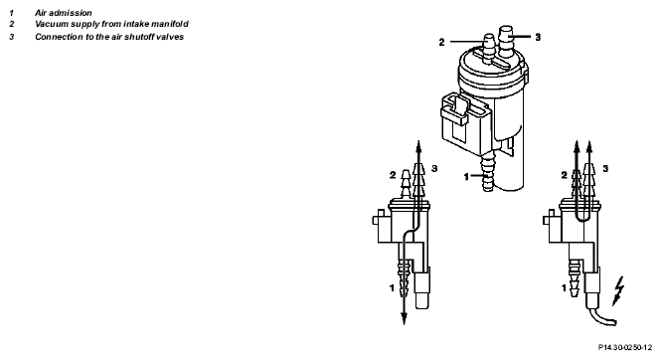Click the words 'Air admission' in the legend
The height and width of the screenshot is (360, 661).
pos(64,13)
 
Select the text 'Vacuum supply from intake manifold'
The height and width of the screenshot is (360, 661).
pos(111,24)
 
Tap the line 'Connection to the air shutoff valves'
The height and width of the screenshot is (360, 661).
pos(109,37)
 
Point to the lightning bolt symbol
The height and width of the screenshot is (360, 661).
pos(618,290)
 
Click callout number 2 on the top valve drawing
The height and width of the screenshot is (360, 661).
pos(441,42)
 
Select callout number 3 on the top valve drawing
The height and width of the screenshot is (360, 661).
pos(538,37)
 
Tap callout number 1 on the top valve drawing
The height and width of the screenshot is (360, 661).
pos(466,177)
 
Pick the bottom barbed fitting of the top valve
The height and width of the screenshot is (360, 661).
pos(488,174)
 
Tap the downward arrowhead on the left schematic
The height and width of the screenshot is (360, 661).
pos(404,318)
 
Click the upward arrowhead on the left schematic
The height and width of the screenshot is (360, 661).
pos(418,146)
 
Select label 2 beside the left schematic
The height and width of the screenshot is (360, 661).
pos(393,175)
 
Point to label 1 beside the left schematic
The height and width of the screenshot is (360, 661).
pos(392,288)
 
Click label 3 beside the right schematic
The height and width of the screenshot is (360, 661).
pos(605,169)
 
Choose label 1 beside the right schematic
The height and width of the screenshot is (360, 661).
pos(564,288)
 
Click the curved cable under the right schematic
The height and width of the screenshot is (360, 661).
pos(602,317)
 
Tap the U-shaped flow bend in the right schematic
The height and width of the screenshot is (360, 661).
pos(583,218)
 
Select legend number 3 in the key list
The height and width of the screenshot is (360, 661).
pos(11,37)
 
